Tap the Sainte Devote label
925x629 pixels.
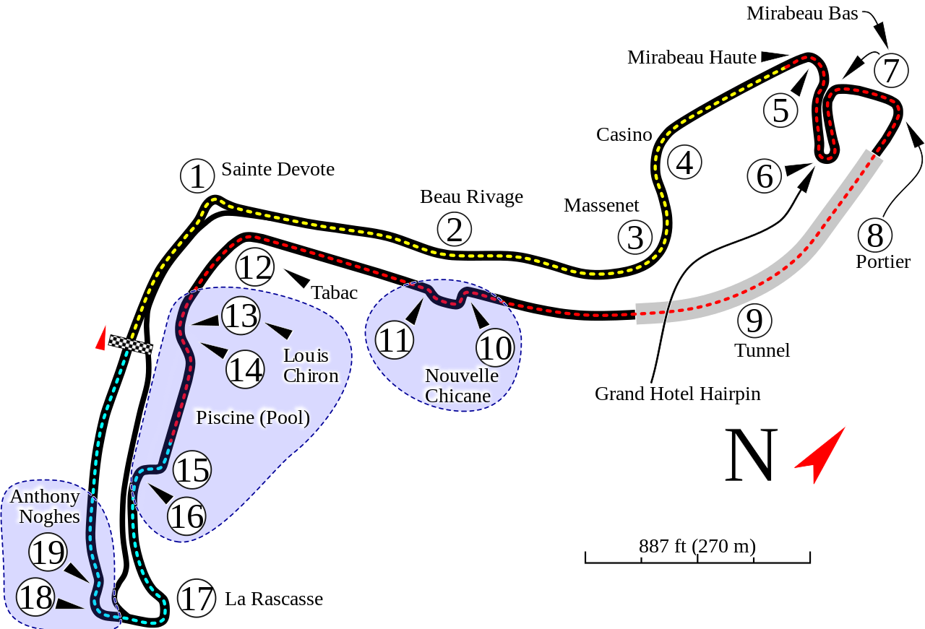point(278,169)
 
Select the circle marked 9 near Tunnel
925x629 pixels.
point(754,321)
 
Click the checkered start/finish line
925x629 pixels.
point(131,345)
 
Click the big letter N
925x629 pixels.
point(751,456)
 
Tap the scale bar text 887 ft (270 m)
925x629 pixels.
point(697,545)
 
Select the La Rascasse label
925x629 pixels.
point(274,599)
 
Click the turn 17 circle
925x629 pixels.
point(197,599)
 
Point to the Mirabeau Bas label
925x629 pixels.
point(802,13)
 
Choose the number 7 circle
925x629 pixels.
point(891,71)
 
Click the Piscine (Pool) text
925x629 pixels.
point(253,417)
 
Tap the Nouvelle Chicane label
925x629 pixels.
point(461,386)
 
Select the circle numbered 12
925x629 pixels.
point(255,268)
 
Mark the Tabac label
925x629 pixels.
point(335,292)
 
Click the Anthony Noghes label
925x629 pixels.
point(45,506)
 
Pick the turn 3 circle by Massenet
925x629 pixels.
point(635,238)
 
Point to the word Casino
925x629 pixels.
point(624,134)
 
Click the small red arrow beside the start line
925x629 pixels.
point(101,338)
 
